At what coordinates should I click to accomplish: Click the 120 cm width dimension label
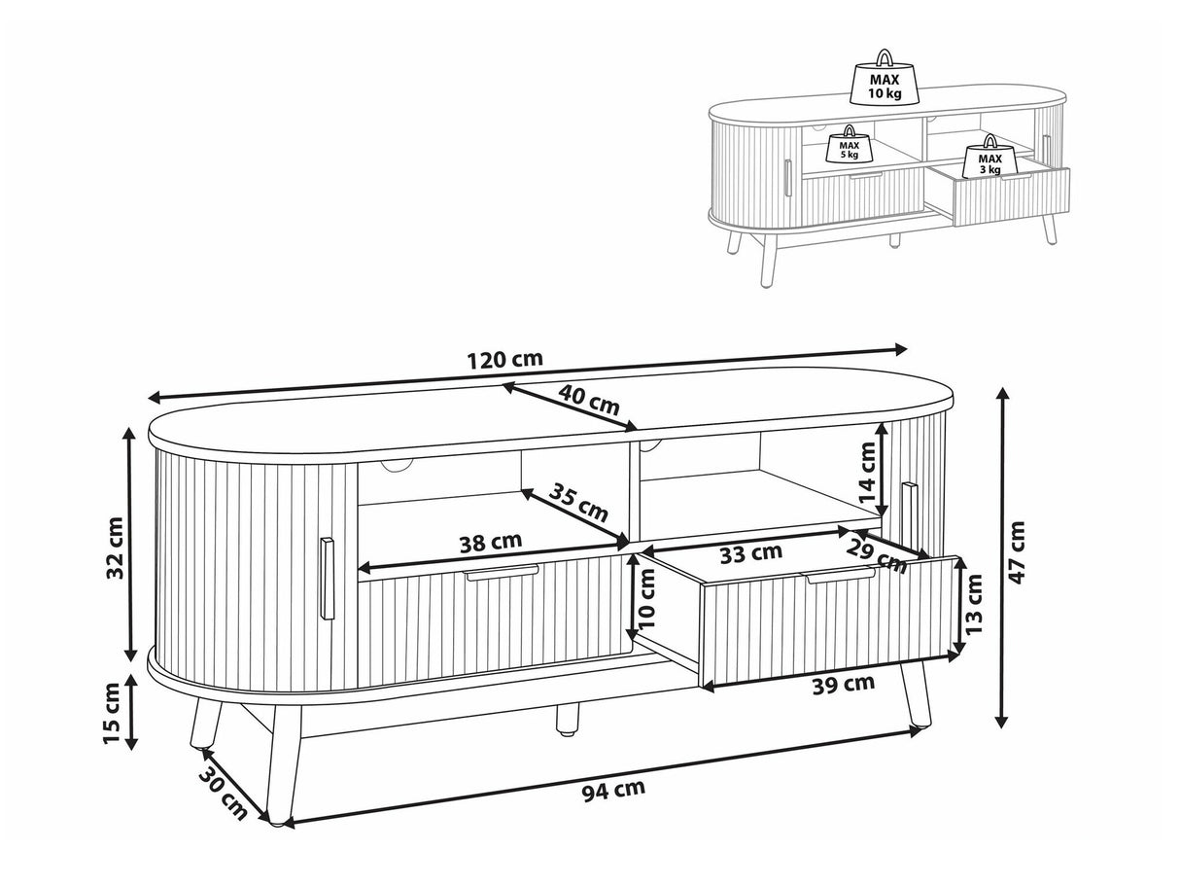(x=503, y=359)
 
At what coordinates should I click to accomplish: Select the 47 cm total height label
(x=1016, y=551)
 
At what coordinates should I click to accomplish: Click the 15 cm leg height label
(x=111, y=714)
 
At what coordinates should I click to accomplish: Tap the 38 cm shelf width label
(x=490, y=541)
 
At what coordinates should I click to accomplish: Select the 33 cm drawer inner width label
(x=750, y=552)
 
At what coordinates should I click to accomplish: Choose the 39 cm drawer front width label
(x=843, y=685)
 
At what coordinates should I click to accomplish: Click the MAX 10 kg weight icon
(x=885, y=79)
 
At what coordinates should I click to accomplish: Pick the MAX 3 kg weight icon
(x=989, y=159)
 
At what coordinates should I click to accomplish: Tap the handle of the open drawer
(x=840, y=578)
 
